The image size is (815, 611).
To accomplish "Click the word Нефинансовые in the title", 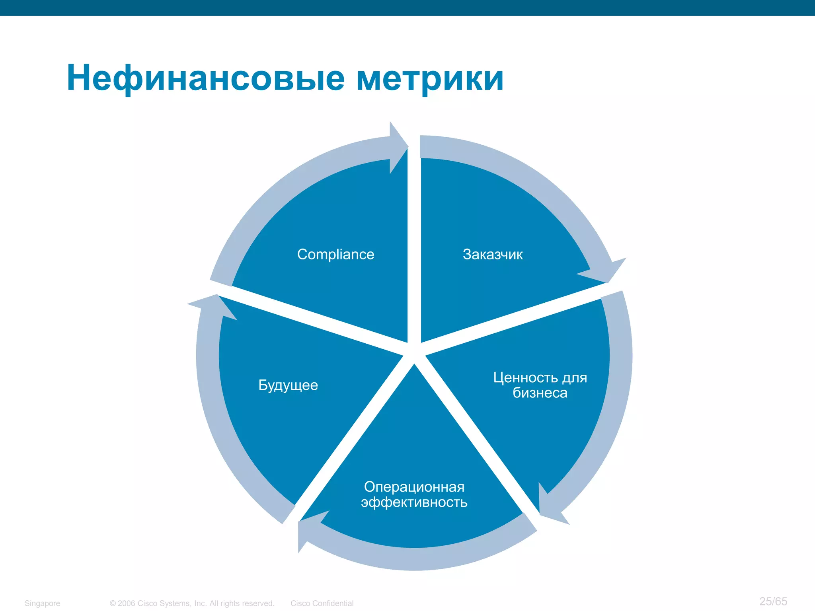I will [x=205, y=78].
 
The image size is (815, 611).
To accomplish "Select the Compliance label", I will [x=335, y=254].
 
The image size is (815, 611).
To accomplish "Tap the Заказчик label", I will [x=492, y=254].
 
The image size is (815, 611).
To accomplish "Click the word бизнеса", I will [x=540, y=393].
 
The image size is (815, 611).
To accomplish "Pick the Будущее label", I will [x=288, y=385].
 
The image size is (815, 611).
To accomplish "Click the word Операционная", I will [x=414, y=487].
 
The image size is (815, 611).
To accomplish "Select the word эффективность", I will [x=414, y=502].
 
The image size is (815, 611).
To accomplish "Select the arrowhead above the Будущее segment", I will [x=213, y=306].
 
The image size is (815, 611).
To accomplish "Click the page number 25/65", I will [x=773, y=601].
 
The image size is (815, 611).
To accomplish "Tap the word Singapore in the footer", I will [x=42, y=603].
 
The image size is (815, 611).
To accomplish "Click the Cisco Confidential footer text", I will [x=322, y=603].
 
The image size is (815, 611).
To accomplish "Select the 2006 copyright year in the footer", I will [x=127, y=603].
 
